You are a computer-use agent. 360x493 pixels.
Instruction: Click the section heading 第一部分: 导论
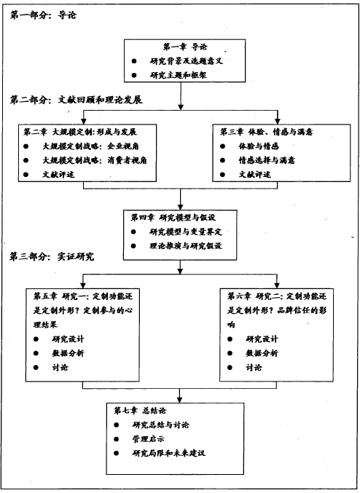pos(43,15)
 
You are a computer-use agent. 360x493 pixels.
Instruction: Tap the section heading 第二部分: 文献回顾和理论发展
pos(76,100)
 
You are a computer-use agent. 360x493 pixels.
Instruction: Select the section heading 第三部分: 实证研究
pos(52,256)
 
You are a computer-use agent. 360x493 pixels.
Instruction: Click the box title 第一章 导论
pos(185,47)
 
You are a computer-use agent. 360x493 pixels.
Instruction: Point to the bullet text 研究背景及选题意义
pos(187,60)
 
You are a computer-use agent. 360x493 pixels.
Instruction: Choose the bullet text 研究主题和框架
pos(178,75)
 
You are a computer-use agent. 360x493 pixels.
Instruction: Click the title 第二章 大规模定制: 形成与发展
pos(80,132)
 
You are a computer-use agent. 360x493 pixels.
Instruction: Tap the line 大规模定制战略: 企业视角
pos(90,146)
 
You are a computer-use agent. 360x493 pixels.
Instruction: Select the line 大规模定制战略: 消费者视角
pos(95,160)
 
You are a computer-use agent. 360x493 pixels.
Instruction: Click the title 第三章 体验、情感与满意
pos(266,132)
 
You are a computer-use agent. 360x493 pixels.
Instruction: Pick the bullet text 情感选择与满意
pos(267,160)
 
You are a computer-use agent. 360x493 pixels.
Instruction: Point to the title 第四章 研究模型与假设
pos(173,217)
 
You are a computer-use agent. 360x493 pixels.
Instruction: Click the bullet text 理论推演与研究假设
pos(186,245)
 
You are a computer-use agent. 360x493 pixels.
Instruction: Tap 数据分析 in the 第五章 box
pos(68,353)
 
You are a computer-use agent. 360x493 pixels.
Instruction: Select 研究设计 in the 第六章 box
pos(262,339)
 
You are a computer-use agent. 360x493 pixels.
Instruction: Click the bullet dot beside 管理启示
pos(117,439)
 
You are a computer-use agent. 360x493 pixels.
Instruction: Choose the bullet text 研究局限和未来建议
pos(168,453)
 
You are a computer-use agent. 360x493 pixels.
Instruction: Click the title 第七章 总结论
pos(140,410)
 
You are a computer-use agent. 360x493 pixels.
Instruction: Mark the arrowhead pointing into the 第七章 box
pos(179,400)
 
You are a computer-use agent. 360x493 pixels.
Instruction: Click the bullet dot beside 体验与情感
pos(223,146)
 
